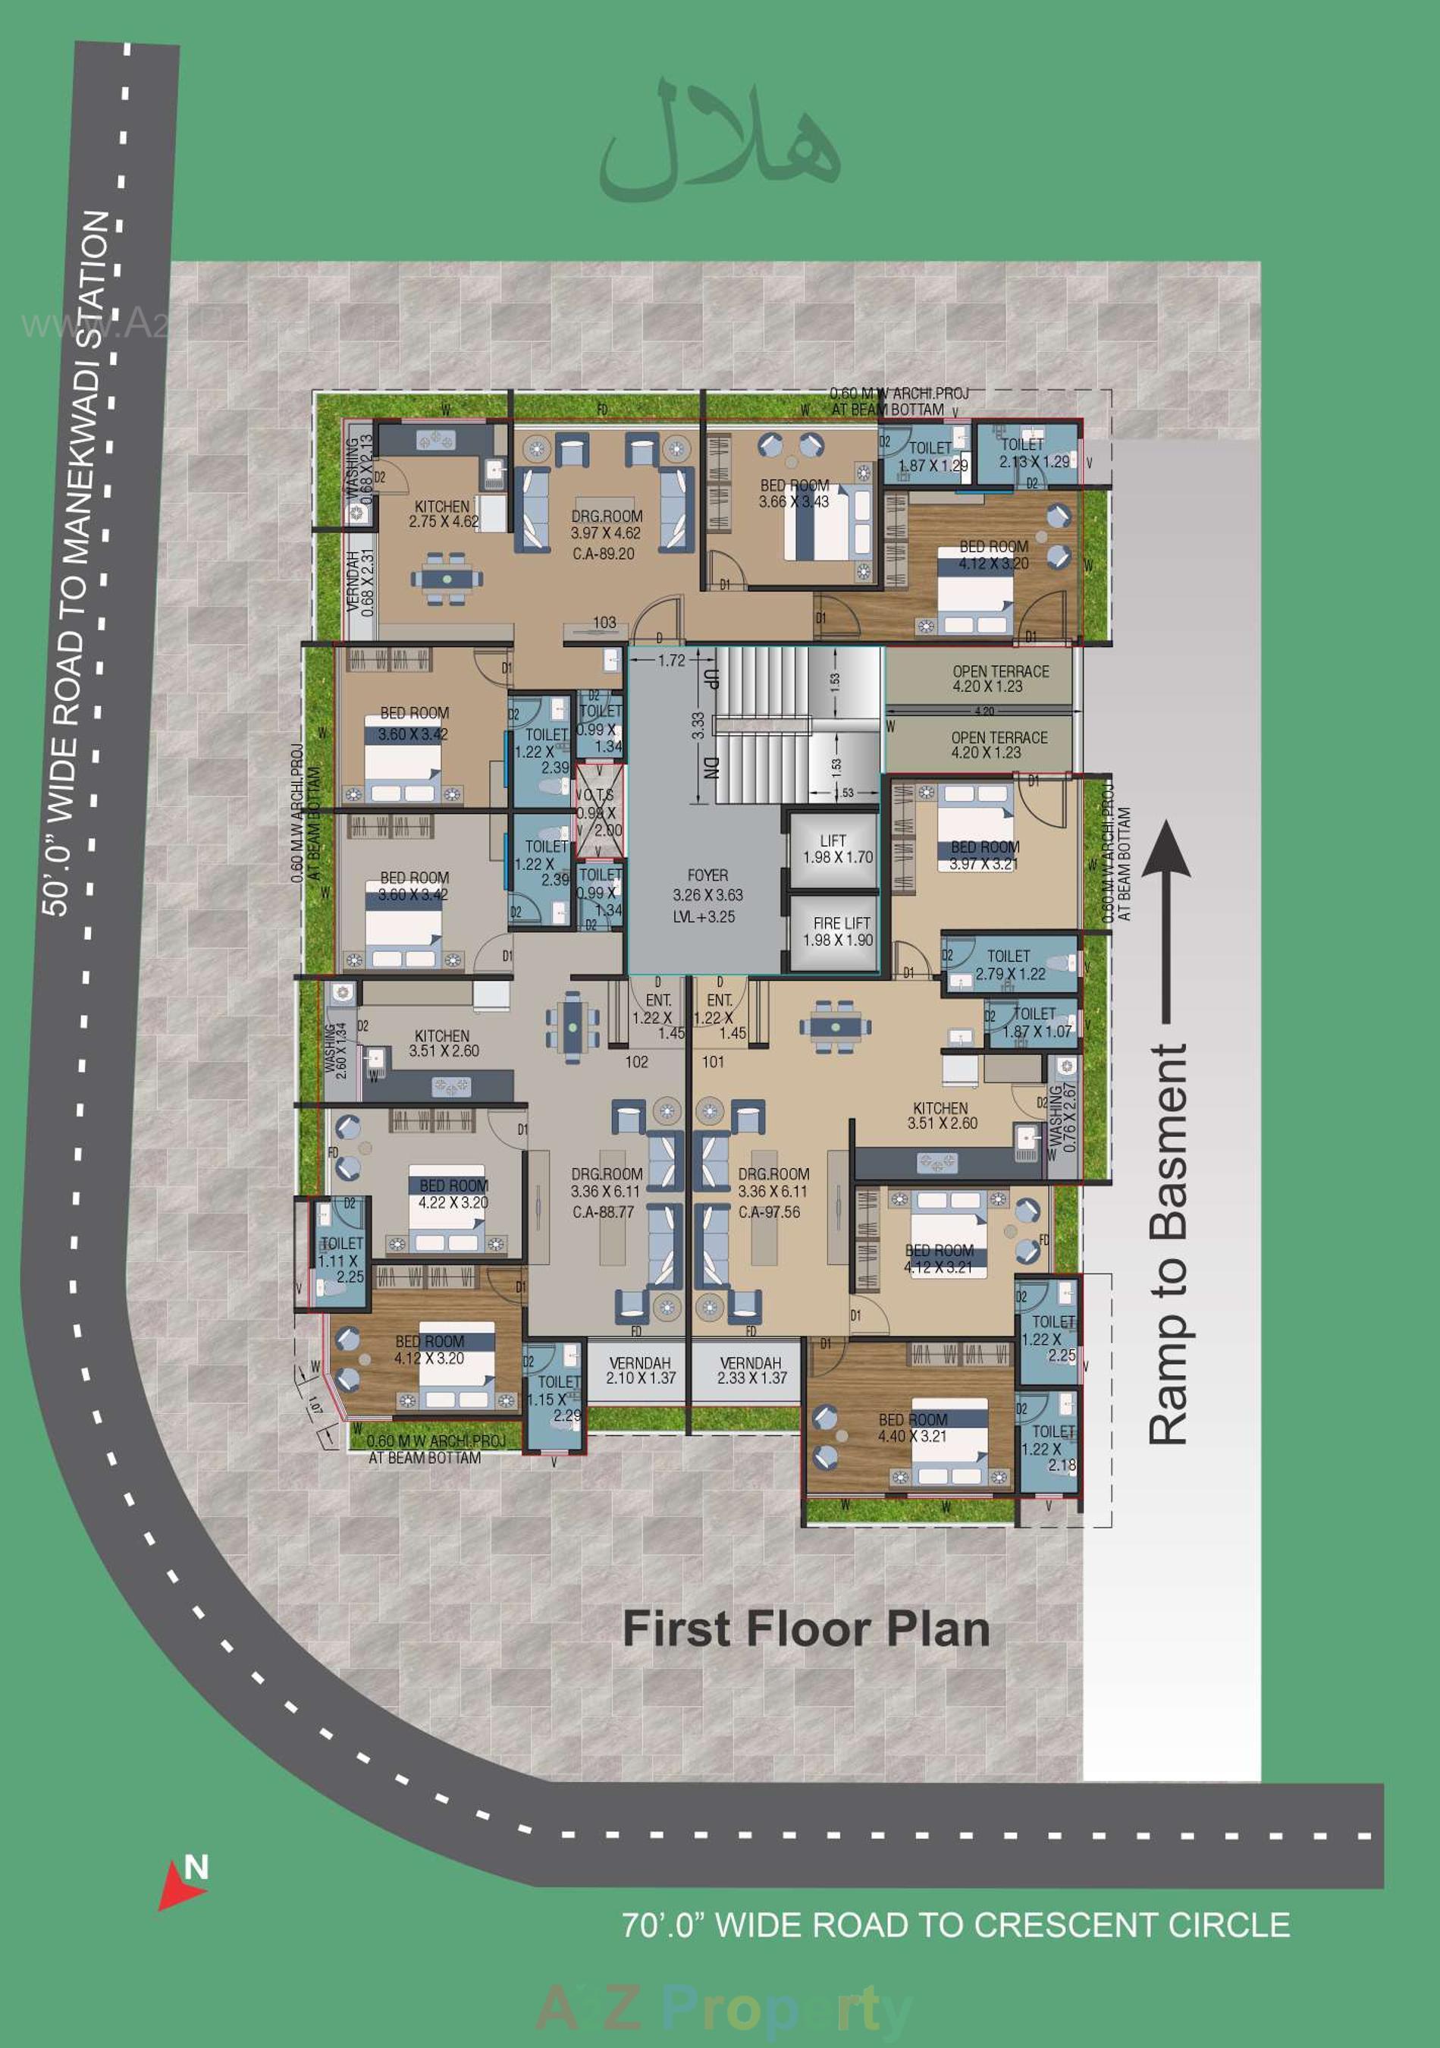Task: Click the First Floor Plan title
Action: pyautogui.click(x=805, y=1629)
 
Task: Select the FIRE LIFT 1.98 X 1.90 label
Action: pyautogui.click(x=837, y=932)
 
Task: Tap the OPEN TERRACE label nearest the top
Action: pyautogui.click(x=999, y=679)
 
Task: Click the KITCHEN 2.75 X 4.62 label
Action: pyautogui.click(x=442, y=514)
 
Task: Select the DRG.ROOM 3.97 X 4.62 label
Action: pyautogui.click(x=607, y=524)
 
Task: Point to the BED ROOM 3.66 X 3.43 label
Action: pyautogui.click(x=794, y=493)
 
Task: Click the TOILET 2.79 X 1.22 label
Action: pyautogui.click(x=1009, y=965)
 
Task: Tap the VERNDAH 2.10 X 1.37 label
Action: pyautogui.click(x=640, y=1370)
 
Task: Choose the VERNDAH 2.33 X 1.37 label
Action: pyautogui.click(x=751, y=1370)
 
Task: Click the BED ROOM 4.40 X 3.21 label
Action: pyautogui.click(x=912, y=1428)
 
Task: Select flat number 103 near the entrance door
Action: pyautogui.click(x=604, y=623)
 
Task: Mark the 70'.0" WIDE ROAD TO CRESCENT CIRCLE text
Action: pyautogui.click(x=955, y=1925)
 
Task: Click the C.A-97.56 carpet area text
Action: pyautogui.click(x=769, y=1212)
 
